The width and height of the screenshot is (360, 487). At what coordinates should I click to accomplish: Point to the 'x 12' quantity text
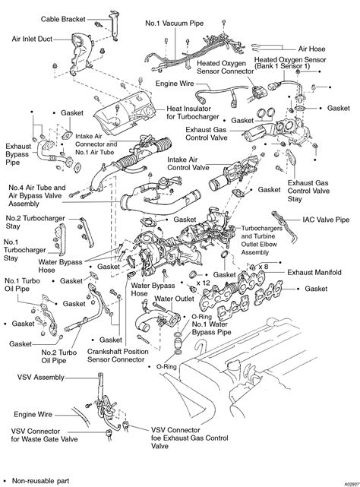pyautogui.click(x=203, y=282)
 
